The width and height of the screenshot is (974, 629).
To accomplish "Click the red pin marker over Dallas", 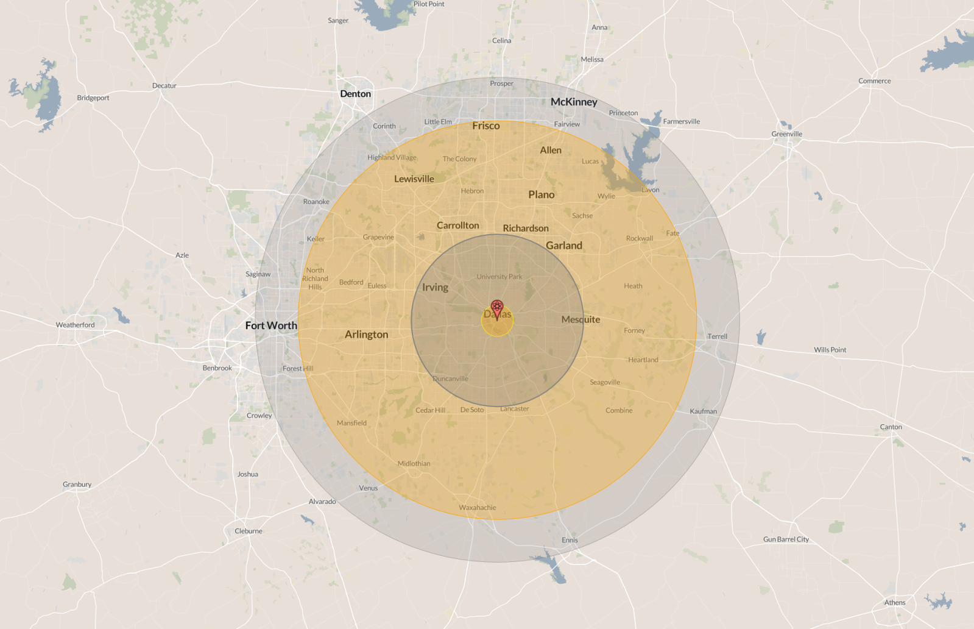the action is point(497,307).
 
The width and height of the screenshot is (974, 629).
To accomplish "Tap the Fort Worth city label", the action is point(271,325).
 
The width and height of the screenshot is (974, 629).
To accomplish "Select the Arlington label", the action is point(366,334).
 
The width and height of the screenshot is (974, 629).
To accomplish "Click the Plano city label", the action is point(541,194).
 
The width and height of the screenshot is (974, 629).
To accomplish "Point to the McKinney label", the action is point(574,102).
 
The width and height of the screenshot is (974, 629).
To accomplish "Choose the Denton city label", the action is point(355,94).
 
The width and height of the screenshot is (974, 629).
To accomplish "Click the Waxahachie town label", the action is point(477,507).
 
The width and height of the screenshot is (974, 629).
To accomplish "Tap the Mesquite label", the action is point(581,319).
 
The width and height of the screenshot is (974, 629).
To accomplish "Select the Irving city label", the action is point(435,287).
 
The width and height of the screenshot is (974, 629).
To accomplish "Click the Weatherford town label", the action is point(75,325).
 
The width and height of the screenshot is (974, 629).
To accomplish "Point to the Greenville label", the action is point(786,134).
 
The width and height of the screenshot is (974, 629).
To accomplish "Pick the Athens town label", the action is point(894,602).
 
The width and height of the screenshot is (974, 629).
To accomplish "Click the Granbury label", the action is point(77,485).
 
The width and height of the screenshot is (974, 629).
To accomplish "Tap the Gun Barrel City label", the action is point(786,539).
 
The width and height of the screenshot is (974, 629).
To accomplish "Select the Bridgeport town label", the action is point(93,98).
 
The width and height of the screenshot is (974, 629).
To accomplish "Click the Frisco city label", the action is point(485,126).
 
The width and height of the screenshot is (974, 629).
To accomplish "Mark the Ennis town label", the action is point(570,540).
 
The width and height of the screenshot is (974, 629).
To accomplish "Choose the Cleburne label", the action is point(248,531).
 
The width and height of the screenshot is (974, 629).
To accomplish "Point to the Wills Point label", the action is point(830,350).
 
